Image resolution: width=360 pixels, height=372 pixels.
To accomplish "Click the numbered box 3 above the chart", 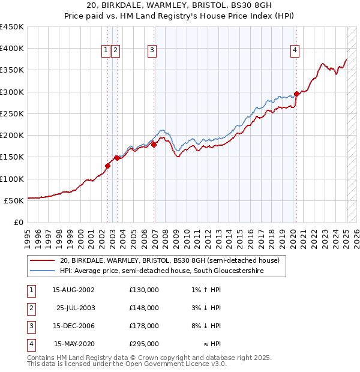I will click(152, 51).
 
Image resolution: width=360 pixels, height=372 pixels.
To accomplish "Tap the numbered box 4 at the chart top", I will click(295, 51).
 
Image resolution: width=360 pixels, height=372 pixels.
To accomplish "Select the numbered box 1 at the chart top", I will click(106, 51).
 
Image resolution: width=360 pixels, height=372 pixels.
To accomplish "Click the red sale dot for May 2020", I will click(296, 94).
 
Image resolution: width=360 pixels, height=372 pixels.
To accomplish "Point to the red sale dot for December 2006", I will click(154, 144).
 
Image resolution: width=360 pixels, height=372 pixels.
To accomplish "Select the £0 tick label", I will click(19, 222).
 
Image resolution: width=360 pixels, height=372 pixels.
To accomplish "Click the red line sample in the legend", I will click(43, 261).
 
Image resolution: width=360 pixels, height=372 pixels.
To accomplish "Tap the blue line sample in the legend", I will click(43, 271).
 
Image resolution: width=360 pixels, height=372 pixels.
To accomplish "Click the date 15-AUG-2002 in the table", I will click(73, 290).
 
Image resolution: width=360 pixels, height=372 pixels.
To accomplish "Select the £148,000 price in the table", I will click(144, 308).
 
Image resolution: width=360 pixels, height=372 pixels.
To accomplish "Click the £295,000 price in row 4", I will click(144, 344).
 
